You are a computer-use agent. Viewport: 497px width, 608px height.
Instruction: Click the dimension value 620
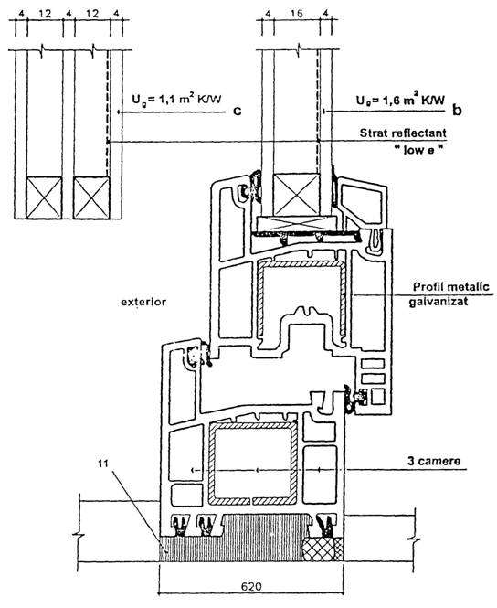coord(251,586)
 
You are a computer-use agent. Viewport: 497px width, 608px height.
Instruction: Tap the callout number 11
coord(103,463)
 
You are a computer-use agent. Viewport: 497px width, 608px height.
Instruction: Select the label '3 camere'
coord(434,461)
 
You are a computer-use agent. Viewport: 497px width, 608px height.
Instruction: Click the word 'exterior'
coord(143,302)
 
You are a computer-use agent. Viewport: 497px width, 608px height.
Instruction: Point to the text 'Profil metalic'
coord(451,287)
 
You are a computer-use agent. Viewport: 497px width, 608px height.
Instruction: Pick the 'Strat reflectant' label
coord(403,133)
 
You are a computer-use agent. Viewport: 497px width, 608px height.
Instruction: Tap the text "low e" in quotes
coord(419,150)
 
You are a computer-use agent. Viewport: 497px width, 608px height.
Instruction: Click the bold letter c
coord(237,111)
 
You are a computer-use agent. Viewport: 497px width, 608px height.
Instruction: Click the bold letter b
coord(457,110)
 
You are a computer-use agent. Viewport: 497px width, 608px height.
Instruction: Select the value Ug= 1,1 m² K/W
coord(176,99)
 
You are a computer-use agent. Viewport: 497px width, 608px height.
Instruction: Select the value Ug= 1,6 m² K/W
coord(400,100)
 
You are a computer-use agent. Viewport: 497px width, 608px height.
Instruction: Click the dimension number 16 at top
coord(296,14)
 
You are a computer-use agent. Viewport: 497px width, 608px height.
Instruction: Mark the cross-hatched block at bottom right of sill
coord(323,549)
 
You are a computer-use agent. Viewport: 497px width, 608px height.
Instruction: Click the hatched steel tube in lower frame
coord(253,464)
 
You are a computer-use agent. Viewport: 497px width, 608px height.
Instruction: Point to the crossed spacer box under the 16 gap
coord(296,195)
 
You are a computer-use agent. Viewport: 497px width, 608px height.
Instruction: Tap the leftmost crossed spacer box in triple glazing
coord(44,197)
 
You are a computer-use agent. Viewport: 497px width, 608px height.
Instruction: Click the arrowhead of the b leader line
coord(324,112)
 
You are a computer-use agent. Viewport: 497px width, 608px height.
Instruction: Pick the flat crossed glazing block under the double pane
coord(295,224)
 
